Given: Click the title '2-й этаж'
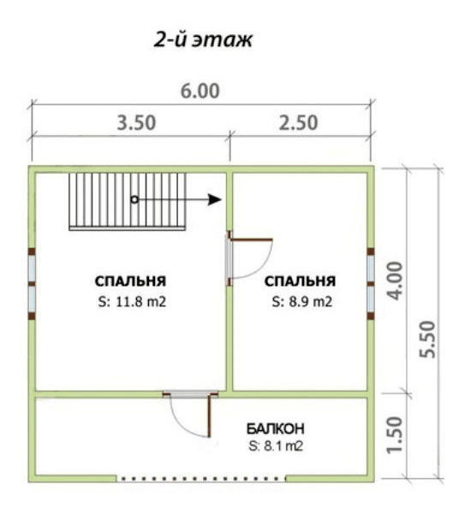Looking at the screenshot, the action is (203, 40).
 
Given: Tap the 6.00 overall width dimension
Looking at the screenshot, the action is (200, 92).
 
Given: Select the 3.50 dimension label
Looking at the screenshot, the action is (136, 122).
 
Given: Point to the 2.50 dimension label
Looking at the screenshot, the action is (298, 122).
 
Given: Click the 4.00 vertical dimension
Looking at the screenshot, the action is (396, 281).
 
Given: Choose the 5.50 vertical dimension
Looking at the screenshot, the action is (427, 340).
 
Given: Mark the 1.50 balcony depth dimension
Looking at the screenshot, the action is (396, 434).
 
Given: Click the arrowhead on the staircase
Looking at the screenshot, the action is (215, 199).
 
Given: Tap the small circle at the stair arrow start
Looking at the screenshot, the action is (134, 199).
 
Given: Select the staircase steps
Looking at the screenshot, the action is (128, 201).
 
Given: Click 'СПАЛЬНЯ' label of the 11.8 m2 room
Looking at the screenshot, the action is (130, 281).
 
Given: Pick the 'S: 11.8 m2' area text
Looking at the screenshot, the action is (132, 302).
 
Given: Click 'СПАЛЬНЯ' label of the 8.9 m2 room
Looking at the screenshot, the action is (300, 281).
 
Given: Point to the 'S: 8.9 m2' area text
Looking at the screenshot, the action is (302, 302).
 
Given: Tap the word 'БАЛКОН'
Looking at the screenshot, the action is (276, 428).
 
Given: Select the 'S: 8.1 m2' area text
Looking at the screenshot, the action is (276, 446).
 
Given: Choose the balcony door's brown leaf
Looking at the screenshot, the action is (210, 416).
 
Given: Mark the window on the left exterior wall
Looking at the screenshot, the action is (32, 284).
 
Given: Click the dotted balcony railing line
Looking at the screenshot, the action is (200, 479).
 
